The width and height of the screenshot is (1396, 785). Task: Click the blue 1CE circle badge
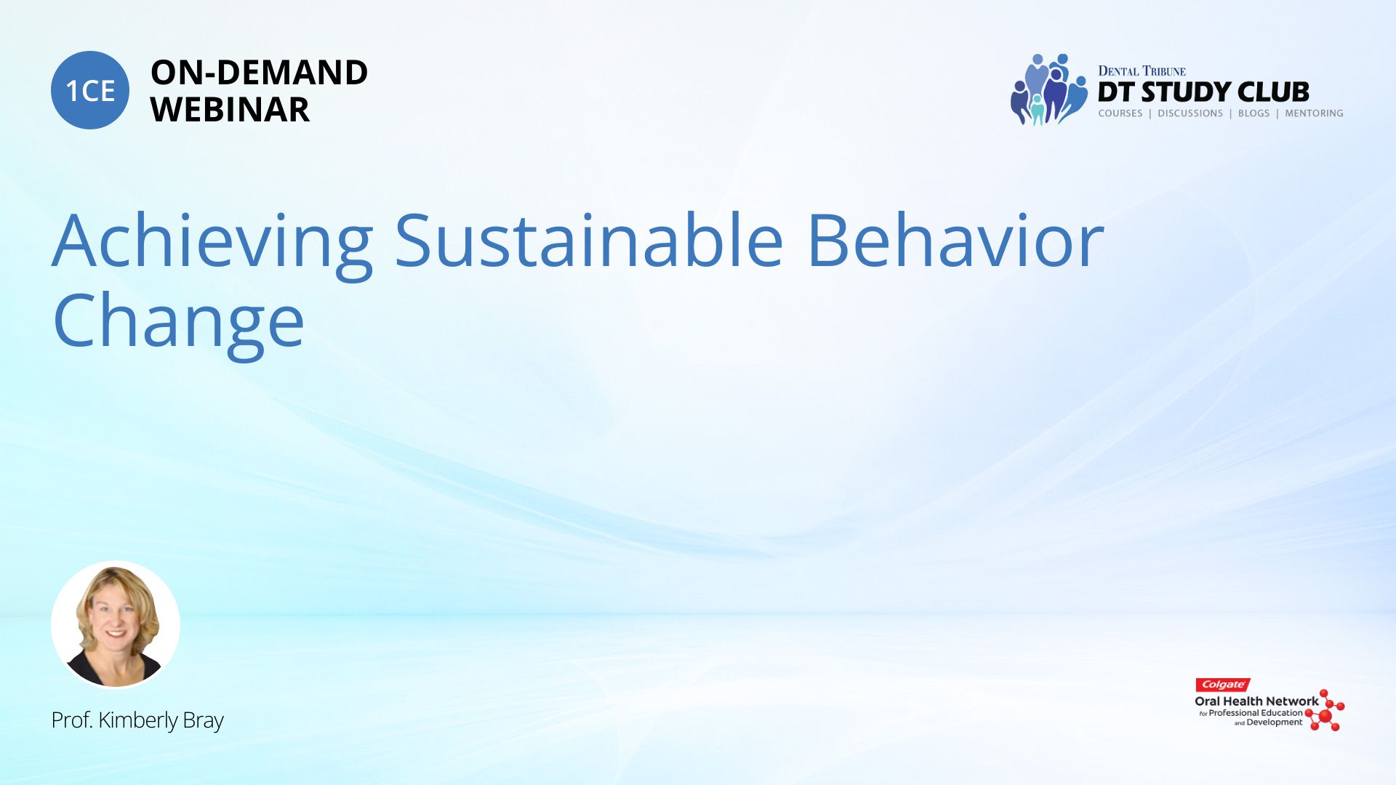(90, 90)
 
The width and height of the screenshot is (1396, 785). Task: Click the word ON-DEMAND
(259, 73)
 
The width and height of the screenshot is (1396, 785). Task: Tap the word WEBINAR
(230, 110)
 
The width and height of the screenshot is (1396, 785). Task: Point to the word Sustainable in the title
(589, 240)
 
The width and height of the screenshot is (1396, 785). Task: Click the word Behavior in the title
(955, 240)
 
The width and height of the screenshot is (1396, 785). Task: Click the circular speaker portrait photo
(116, 624)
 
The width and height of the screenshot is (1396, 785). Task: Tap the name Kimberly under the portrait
(138, 720)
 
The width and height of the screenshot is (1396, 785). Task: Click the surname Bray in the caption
(203, 721)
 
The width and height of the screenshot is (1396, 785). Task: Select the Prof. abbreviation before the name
(72, 720)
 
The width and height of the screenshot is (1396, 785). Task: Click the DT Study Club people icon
(1048, 89)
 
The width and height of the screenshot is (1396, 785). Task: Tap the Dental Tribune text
(1142, 71)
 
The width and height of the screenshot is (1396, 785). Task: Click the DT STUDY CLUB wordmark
(1203, 92)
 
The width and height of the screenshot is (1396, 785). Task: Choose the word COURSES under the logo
(1120, 113)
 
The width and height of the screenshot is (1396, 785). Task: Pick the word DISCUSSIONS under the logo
(1190, 113)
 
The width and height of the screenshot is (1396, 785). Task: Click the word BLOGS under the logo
(1253, 113)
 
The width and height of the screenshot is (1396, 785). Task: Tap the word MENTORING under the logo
(1314, 113)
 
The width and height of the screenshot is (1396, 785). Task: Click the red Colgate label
(1223, 685)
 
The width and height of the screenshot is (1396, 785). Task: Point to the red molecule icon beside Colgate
(1325, 711)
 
